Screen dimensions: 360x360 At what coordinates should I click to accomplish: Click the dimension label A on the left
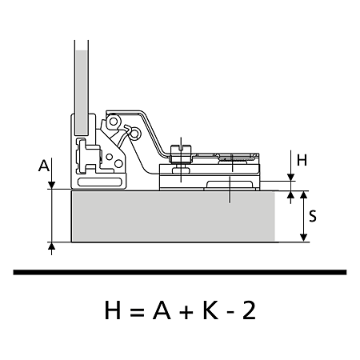pos(44,166)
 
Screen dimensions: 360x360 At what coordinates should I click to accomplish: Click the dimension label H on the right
pos(302,160)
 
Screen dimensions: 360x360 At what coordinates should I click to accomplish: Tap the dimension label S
pos(313,216)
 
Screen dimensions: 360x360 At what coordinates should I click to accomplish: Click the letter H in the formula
pos(113,310)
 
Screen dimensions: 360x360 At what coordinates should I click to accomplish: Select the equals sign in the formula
pos(138,311)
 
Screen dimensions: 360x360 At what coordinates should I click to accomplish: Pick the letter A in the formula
pos(162,310)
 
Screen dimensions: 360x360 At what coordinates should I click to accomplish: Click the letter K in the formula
pos(210,310)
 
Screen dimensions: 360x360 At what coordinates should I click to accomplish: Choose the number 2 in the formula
pos(249,310)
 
